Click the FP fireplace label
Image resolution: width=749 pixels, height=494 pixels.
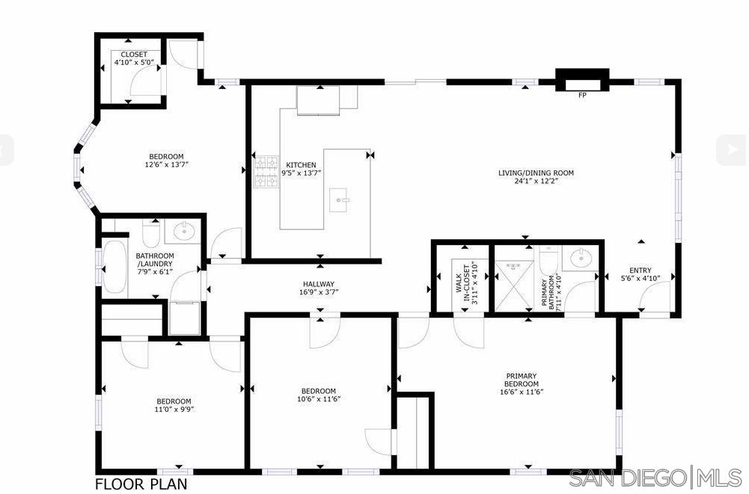pyautogui.click(x=581, y=95)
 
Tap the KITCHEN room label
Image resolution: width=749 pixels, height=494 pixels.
pyautogui.click(x=299, y=164)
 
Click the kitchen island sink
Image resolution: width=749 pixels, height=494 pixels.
pyautogui.click(x=340, y=200)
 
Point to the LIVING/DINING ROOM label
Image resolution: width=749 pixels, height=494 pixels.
pyautogui.click(x=536, y=173)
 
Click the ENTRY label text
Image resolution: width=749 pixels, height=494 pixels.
pyautogui.click(x=641, y=271)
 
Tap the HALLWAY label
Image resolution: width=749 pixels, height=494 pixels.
pyautogui.click(x=319, y=284)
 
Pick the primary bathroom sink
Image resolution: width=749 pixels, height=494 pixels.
pyautogui.click(x=581, y=259)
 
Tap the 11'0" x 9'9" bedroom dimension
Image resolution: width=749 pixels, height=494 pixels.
pyautogui.click(x=174, y=409)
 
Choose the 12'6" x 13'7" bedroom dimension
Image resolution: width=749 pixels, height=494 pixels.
pyautogui.click(x=165, y=164)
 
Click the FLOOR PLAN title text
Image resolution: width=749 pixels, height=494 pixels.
pyautogui.click(x=141, y=484)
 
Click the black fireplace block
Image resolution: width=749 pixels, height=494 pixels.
pyautogui.click(x=581, y=79)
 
